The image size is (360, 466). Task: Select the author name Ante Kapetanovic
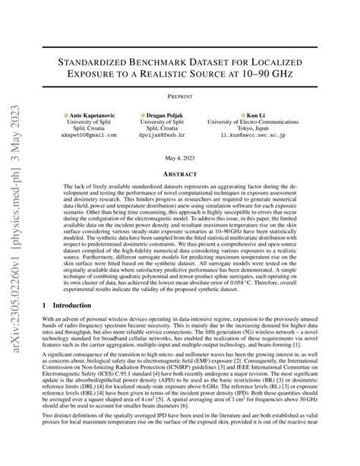87,115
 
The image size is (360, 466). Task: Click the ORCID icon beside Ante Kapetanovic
66,115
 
